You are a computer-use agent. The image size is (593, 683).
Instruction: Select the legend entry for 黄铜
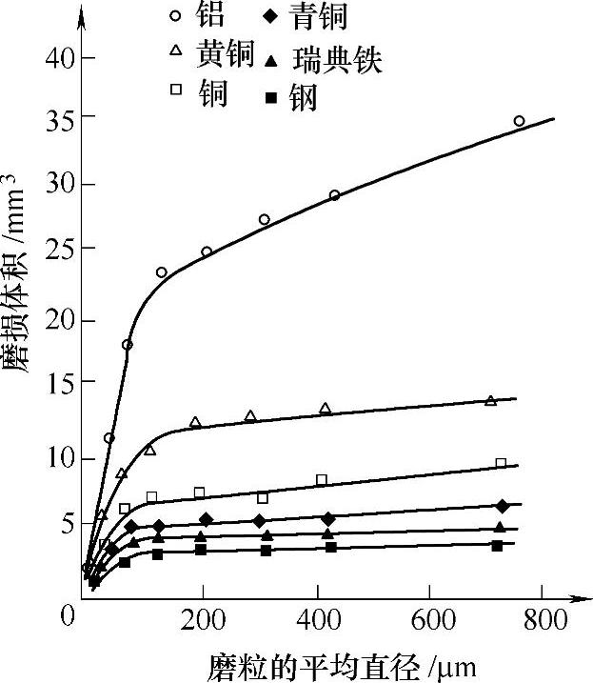click(226, 54)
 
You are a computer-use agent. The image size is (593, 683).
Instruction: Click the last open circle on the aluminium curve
click(519, 121)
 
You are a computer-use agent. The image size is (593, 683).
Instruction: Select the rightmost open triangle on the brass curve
click(491, 401)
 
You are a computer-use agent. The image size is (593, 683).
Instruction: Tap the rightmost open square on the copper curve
click(501, 464)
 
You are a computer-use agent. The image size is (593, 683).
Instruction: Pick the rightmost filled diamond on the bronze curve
click(502, 506)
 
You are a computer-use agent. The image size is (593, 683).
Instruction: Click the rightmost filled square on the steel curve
click(497, 546)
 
